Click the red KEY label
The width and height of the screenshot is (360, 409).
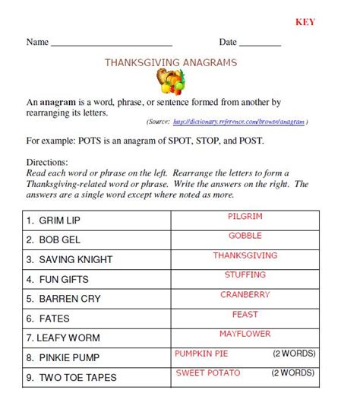coord(305,21)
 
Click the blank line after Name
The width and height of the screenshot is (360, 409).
coord(111,46)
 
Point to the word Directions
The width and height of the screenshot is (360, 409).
coord(47,162)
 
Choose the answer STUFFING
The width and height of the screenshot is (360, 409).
coord(245,274)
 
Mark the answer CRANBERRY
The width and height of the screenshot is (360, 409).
coord(245,294)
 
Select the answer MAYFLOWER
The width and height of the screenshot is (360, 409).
coord(245,334)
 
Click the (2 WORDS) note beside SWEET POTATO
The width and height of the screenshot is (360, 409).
coord(293,373)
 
